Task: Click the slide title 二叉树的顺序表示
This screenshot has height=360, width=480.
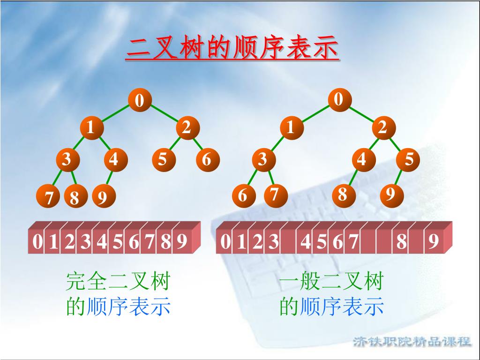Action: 232,49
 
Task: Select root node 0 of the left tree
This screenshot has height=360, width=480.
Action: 140,100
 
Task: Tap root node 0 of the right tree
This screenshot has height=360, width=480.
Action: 339,99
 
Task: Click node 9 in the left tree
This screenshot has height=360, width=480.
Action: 102,198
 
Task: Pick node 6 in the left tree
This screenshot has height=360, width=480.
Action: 207,160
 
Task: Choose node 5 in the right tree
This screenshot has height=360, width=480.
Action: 409,160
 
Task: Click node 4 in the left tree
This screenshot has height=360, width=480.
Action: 113,160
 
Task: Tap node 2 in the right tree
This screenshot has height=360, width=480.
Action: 383,127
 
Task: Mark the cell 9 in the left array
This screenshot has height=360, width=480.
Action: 181,242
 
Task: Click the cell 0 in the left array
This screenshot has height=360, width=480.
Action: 37,242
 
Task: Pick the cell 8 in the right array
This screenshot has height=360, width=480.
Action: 401,242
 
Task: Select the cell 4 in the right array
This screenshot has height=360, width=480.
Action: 306,242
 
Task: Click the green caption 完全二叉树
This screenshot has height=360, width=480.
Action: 117,282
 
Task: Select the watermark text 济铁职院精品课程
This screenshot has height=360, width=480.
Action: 412,341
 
